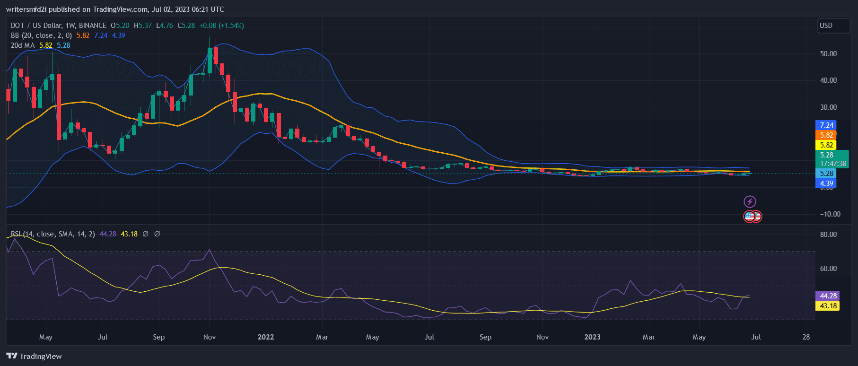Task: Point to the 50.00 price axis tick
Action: coord(828,54)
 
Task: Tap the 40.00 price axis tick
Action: coord(828,80)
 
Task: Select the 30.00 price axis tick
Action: coord(828,107)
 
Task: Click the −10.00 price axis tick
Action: coord(830,214)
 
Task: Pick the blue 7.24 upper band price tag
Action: coord(826,125)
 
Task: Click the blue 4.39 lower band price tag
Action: coord(826,183)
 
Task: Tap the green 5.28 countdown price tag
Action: coord(832,159)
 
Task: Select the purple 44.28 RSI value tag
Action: coord(828,296)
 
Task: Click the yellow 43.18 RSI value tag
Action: coord(828,306)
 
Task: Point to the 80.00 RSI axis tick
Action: coord(828,235)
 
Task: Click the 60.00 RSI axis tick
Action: coord(828,269)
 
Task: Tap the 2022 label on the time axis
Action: coord(266,337)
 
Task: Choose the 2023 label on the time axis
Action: coord(592,337)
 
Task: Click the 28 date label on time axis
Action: coord(806,337)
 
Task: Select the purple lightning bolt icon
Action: coord(750,202)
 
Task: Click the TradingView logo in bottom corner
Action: coord(34,356)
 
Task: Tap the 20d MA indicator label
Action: coord(23,45)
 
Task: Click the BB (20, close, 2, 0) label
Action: coord(41,35)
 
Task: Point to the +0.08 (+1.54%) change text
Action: coord(221,26)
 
